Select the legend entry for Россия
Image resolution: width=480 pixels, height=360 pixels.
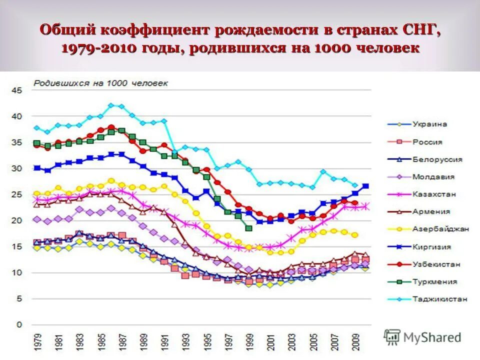(x=427, y=142)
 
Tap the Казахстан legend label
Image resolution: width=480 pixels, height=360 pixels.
(x=433, y=194)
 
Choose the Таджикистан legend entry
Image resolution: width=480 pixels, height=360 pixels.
(x=440, y=299)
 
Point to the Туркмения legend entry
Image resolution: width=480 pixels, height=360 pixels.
(x=434, y=281)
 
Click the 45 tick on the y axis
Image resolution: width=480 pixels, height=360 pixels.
(x=18, y=90)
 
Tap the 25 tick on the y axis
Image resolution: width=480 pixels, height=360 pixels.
(x=18, y=194)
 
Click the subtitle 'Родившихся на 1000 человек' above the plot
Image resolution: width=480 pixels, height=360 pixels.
(x=100, y=83)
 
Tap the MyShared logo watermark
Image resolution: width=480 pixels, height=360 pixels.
(x=422, y=337)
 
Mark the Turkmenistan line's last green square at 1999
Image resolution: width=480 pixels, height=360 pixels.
(x=248, y=228)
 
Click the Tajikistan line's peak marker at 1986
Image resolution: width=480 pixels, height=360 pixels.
(x=111, y=105)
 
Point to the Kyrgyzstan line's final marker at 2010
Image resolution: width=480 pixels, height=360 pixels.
(x=365, y=186)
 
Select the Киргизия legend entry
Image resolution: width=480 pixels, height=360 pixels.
(x=432, y=246)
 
